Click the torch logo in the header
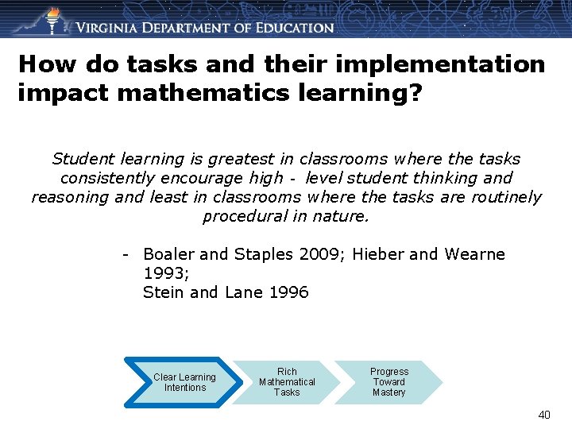(52, 19)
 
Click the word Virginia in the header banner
(112, 27)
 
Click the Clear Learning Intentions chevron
(184, 382)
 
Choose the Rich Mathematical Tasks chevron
(287, 382)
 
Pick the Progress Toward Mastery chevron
(389, 382)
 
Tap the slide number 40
(544, 415)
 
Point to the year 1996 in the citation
(289, 292)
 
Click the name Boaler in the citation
(169, 254)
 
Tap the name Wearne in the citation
(474, 254)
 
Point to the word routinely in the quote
(506, 197)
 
